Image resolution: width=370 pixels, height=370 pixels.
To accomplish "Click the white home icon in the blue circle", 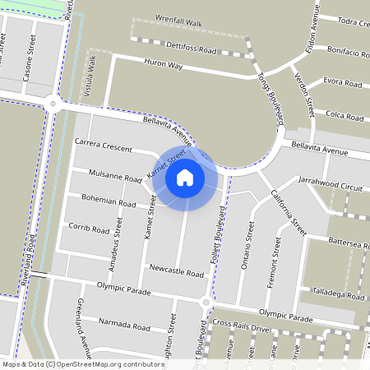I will coord(185,177).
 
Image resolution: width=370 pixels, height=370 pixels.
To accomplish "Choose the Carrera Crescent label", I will coord(103,146).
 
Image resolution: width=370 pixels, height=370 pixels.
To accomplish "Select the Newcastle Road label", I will coord(176,272).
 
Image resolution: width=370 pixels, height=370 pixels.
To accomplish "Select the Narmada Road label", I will coord(123,326).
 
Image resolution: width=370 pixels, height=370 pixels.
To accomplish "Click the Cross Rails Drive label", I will coord(241,328).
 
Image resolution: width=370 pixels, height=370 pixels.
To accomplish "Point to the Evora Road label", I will coord(343,83).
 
